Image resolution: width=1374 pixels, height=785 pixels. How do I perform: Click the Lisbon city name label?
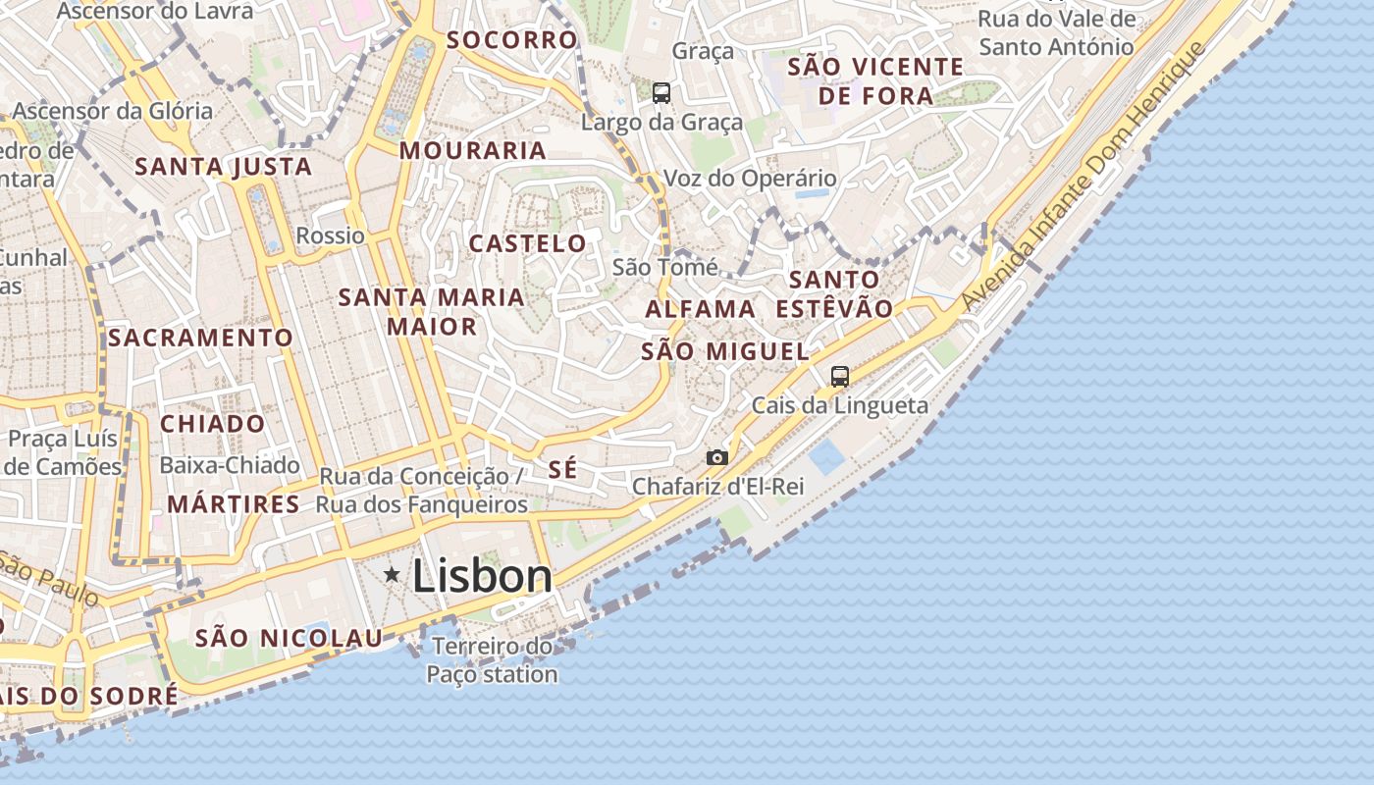[x=482, y=576]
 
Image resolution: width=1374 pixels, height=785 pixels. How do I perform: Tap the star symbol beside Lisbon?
[x=392, y=574]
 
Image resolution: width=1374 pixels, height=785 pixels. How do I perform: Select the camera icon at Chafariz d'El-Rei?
[x=717, y=457]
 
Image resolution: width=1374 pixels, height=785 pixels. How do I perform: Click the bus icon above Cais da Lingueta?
[x=839, y=376]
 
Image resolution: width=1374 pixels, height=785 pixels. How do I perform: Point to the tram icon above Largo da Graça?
[x=661, y=93]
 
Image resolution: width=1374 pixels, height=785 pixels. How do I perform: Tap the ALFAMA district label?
[x=700, y=309]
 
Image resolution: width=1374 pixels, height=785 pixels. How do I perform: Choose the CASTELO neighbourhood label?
[x=527, y=243]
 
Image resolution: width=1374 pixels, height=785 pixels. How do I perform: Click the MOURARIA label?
[x=472, y=150]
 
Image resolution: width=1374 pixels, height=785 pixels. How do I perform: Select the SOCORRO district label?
[x=511, y=40]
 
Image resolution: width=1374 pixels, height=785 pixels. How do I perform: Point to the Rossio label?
[x=330, y=235]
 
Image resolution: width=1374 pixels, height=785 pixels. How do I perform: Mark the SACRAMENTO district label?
[x=200, y=338]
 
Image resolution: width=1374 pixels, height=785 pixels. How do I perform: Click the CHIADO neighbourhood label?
[x=212, y=424]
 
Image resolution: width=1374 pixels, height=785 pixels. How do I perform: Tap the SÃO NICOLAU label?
[x=289, y=638]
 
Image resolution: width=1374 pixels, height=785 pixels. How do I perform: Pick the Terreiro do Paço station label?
[x=492, y=660]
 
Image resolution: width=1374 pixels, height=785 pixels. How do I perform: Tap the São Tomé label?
[x=664, y=267]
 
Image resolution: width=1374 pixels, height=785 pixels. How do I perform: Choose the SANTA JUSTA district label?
[x=223, y=167]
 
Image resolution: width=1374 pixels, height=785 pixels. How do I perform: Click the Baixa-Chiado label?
[x=229, y=465]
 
